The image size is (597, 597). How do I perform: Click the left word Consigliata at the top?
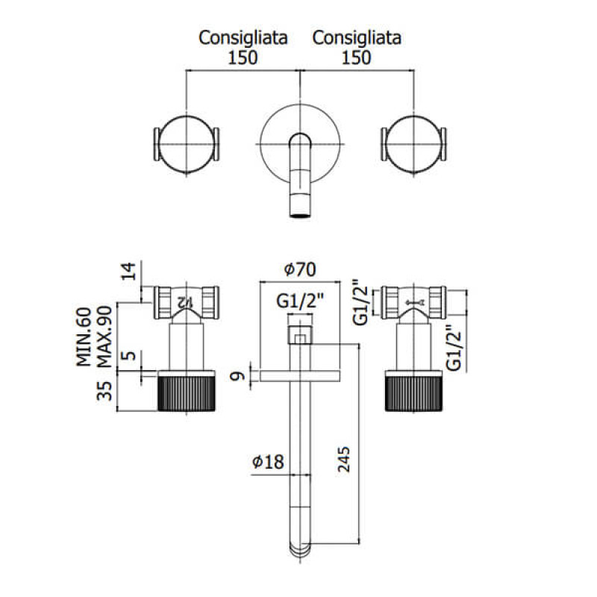(243, 37)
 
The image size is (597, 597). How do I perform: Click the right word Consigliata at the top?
(357, 37)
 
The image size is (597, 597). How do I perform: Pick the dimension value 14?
(130, 271)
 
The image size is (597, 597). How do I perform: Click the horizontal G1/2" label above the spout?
(298, 301)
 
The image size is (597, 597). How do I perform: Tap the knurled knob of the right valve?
(413, 394)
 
